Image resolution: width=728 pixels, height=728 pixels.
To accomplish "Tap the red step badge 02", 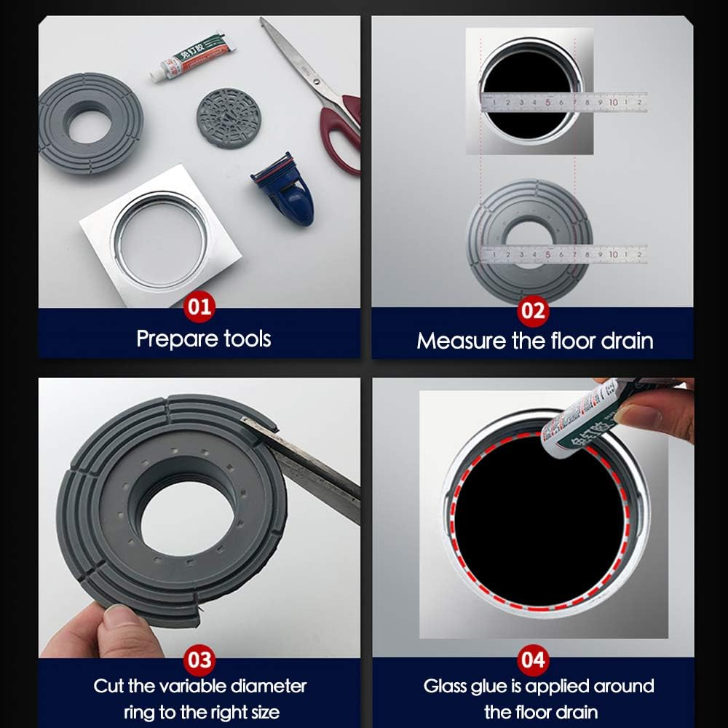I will [x=533, y=311].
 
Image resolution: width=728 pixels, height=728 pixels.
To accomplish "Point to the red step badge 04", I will [x=533, y=660].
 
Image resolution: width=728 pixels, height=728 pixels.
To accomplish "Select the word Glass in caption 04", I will [x=448, y=687].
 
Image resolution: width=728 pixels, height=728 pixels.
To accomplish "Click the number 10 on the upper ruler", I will [x=613, y=103].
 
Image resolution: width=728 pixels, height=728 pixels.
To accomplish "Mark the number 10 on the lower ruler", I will [x=613, y=255].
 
